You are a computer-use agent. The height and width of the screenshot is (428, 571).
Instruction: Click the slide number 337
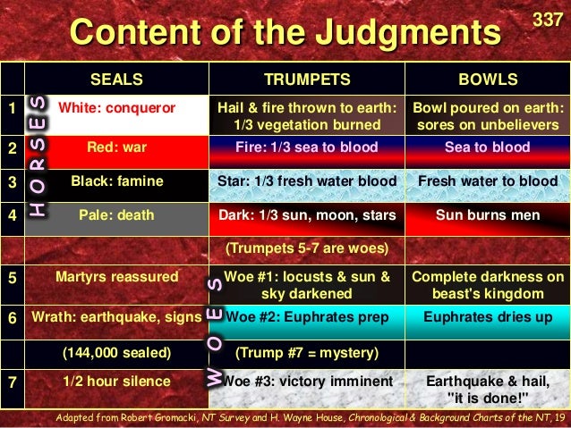(x=548, y=19)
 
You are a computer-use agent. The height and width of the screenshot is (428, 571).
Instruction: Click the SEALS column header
(x=116, y=79)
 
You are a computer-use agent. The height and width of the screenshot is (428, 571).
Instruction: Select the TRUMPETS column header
(x=307, y=79)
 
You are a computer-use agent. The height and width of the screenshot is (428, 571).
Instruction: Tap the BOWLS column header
(x=488, y=79)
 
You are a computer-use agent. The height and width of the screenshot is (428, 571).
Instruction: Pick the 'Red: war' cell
(x=116, y=145)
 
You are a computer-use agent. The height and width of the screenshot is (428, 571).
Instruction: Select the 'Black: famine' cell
(x=117, y=181)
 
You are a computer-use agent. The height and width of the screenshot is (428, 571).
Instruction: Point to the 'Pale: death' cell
(x=116, y=214)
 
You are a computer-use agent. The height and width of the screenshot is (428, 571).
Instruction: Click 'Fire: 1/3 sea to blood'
(x=307, y=145)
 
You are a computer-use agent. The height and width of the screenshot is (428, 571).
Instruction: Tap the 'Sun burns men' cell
(x=488, y=214)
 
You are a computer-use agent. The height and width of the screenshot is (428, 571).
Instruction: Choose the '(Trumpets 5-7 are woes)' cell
(x=307, y=248)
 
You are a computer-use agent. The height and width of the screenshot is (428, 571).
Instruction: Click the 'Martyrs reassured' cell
(x=116, y=277)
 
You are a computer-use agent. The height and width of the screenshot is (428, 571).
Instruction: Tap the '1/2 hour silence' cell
(x=116, y=382)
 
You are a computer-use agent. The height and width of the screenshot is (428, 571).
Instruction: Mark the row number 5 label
(x=12, y=278)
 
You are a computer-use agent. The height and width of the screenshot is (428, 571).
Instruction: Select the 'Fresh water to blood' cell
(x=488, y=181)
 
